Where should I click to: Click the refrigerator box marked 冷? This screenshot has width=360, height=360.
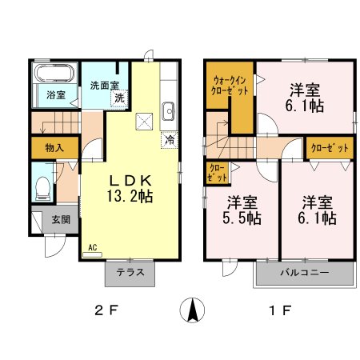pyautogui.click(x=170, y=140)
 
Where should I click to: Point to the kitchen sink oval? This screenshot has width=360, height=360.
pyautogui.click(x=168, y=110)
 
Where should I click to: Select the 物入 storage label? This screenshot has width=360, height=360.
pyautogui.click(x=54, y=148)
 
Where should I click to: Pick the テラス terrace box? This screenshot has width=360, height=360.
pyautogui.click(x=130, y=273)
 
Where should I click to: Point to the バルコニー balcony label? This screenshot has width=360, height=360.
pyautogui.click(x=304, y=273)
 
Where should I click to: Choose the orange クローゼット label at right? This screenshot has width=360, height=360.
pyautogui.click(x=329, y=149)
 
